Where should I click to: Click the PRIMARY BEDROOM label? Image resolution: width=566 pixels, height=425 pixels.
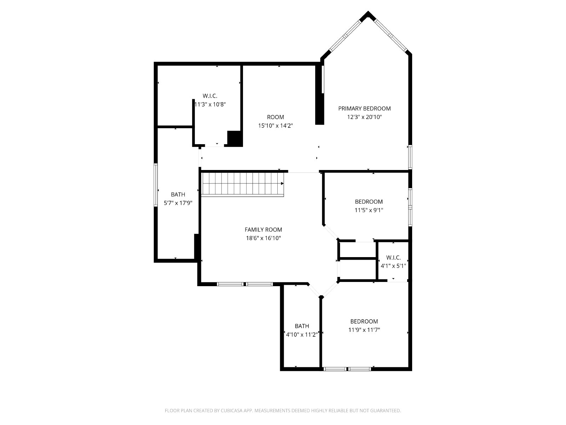(364, 108)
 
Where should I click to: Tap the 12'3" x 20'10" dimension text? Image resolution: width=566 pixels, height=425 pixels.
(364, 117)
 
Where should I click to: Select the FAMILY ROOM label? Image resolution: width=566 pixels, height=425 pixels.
(263, 229)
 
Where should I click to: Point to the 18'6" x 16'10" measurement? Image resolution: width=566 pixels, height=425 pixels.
(263, 238)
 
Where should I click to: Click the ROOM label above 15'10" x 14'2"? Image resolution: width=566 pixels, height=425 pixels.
(275, 117)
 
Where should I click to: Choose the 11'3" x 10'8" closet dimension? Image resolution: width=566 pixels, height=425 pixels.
(210, 104)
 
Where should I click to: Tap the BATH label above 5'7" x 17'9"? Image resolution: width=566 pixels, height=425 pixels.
(178, 194)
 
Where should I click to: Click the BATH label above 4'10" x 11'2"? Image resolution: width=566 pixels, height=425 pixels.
(302, 326)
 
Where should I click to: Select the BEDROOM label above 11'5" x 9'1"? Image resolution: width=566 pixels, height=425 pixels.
(369, 202)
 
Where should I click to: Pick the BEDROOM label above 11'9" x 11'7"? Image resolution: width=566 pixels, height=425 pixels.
(364, 321)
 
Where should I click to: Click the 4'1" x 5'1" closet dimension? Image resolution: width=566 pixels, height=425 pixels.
(393, 266)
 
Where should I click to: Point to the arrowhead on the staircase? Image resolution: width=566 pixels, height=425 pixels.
(282, 183)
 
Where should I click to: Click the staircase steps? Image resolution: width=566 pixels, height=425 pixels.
(242, 185)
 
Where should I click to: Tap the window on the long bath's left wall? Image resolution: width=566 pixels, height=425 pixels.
(156, 185)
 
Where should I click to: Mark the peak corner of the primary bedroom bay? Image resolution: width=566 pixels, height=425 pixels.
(368, 11)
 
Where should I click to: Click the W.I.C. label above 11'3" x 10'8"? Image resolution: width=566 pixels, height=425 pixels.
(210, 96)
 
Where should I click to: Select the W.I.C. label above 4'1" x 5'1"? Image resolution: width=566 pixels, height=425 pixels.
(393, 257)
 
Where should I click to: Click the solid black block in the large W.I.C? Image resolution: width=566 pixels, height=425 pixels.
(235, 138)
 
